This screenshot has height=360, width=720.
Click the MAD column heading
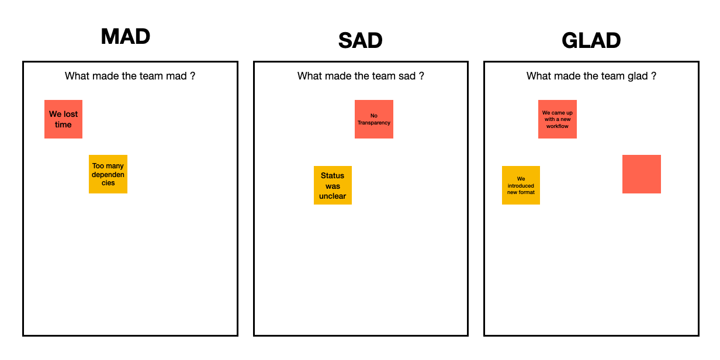[126, 37]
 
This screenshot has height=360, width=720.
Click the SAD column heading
[360, 41]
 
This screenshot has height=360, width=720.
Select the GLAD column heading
[591, 41]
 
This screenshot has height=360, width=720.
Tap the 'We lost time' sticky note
[63, 119]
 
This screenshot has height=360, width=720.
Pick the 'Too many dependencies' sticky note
[108, 174]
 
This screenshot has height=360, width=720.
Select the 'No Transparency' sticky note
[374, 119]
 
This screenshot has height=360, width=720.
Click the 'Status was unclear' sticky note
[333, 185]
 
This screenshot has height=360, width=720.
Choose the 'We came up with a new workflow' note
[557, 119]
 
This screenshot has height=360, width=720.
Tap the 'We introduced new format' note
[521, 185]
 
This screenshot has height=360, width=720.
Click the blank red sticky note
[641, 174]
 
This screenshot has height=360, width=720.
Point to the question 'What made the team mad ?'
[130, 76]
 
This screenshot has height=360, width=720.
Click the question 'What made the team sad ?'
[361, 76]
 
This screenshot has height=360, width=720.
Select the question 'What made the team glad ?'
[591, 76]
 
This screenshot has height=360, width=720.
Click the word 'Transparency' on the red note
[374, 123]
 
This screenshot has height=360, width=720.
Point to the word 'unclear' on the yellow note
[333, 196]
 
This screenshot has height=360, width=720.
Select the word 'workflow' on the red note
[557, 126]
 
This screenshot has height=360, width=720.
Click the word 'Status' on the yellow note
[333, 175]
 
